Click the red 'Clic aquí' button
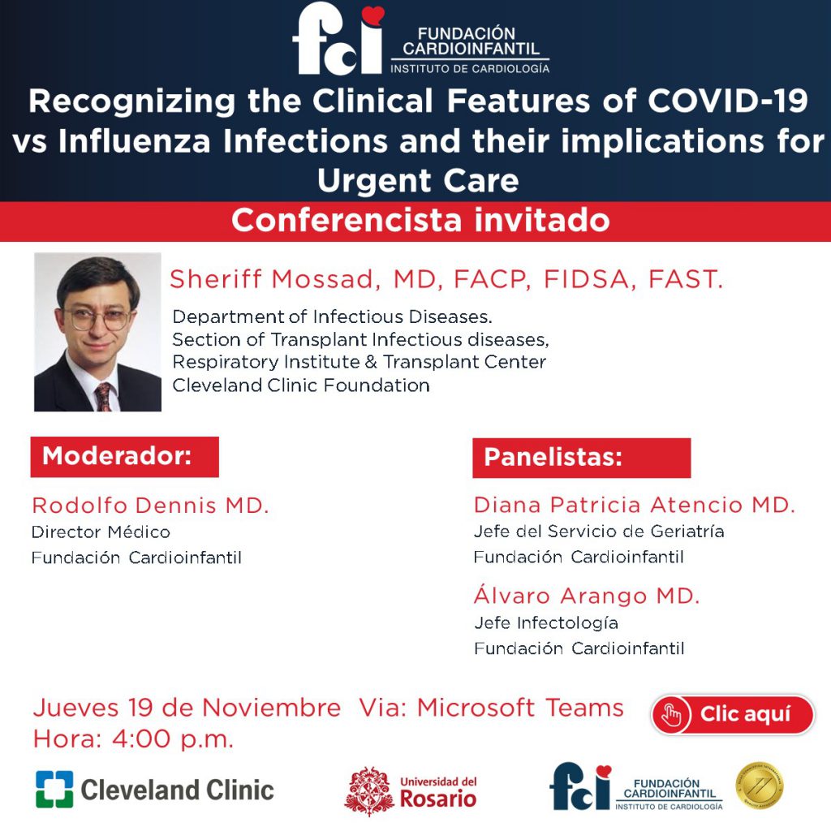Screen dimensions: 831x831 pyautogui.click(x=732, y=714)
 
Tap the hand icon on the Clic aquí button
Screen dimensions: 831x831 pyautogui.click(x=671, y=715)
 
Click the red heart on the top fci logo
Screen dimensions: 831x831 pyautogui.click(x=372, y=15)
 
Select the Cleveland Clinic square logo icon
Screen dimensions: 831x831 pyautogui.click(x=54, y=789)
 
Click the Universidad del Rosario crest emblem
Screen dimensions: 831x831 pyautogui.click(x=369, y=790)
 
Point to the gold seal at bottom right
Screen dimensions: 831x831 pyautogui.click(x=760, y=786)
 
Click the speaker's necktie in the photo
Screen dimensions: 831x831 pyautogui.click(x=104, y=396)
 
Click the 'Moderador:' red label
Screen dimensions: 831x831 pyautogui.click(x=124, y=457)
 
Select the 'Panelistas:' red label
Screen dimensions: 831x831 pyautogui.click(x=581, y=458)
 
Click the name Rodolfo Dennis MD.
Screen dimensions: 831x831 pyautogui.click(x=150, y=506)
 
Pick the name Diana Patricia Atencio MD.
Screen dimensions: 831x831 pyautogui.click(x=635, y=505)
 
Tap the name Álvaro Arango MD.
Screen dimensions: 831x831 pyautogui.click(x=587, y=596)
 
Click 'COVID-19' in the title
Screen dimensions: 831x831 pyautogui.click(x=728, y=101)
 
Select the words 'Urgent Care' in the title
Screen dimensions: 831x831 pyautogui.click(x=418, y=181)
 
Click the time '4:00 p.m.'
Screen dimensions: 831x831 pyautogui.click(x=173, y=739)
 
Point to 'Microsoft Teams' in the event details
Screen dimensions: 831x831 pyautogui.click(x=520, y=708)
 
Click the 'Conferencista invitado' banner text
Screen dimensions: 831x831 pyautogui.click(x=420, y=221)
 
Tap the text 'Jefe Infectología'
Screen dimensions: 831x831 pyautogui.click(x=546, y=622)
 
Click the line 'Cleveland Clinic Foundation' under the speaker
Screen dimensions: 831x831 pyautogui.click(x=301, y=385)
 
